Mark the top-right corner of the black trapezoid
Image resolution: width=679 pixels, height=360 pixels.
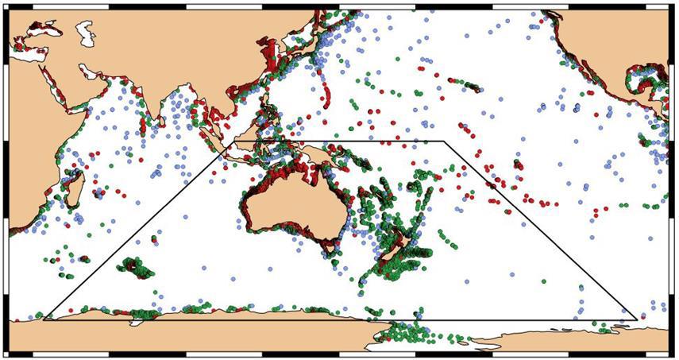click(443, 142)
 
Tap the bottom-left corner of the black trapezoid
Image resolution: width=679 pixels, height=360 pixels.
click(43, 320)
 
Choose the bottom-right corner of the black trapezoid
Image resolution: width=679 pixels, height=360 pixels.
click(636, 320)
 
